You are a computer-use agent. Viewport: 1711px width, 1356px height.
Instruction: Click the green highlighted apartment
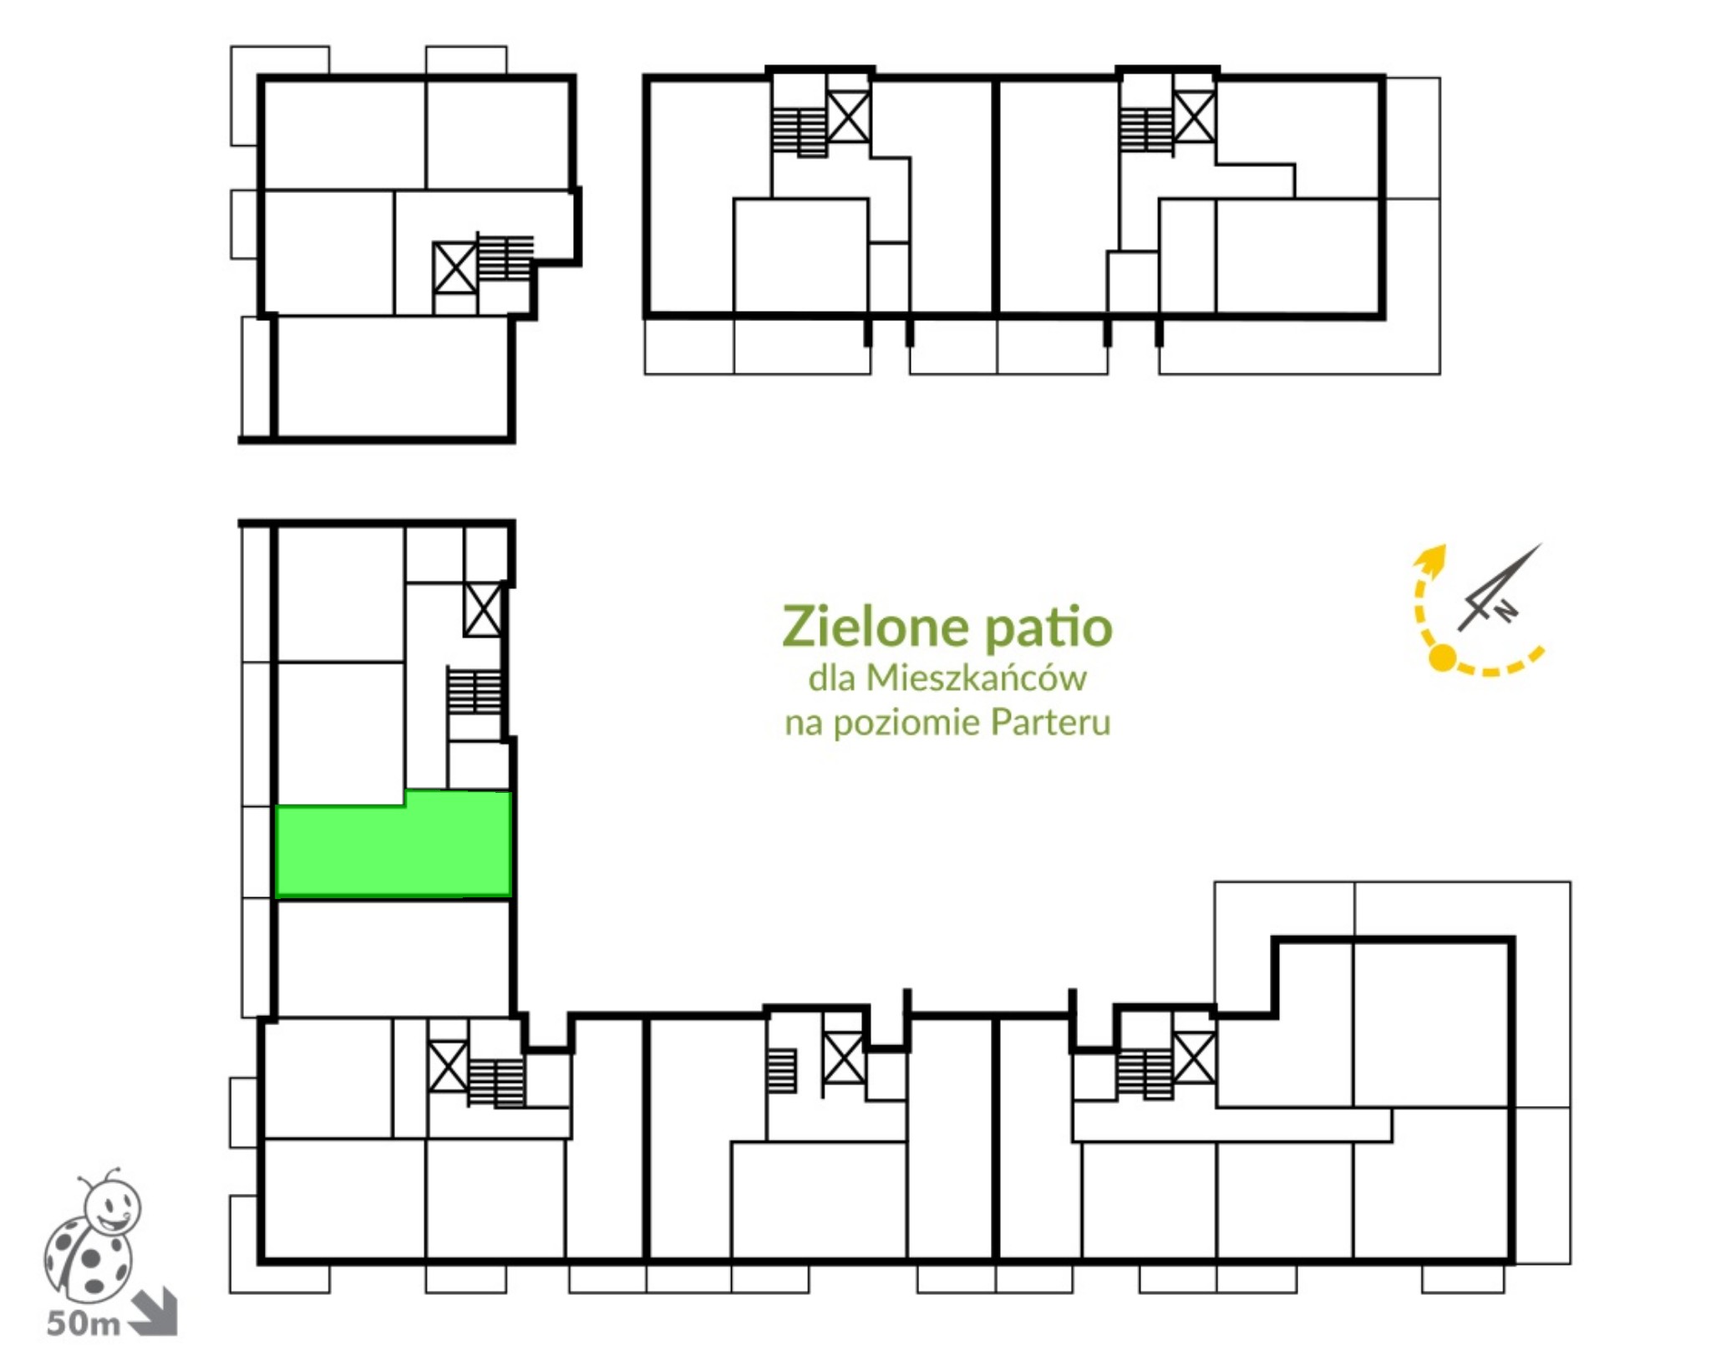pos(393,846)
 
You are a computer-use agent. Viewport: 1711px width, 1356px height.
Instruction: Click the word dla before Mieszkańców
pos(832,678)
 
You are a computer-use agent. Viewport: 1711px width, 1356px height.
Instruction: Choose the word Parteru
pos(1050,722)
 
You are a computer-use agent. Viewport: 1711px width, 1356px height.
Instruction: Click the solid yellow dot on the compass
pos(1442,658)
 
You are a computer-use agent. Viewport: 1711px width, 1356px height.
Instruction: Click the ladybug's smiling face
pos(114,1208)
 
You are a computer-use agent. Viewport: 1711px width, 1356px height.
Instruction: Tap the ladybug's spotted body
pos(88,1257)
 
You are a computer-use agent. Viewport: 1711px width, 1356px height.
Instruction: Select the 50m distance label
pos(84,1323)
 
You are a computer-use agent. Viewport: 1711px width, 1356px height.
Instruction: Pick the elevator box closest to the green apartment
pos(483,610)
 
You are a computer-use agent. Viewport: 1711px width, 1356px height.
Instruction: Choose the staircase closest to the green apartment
pos(475,690)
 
